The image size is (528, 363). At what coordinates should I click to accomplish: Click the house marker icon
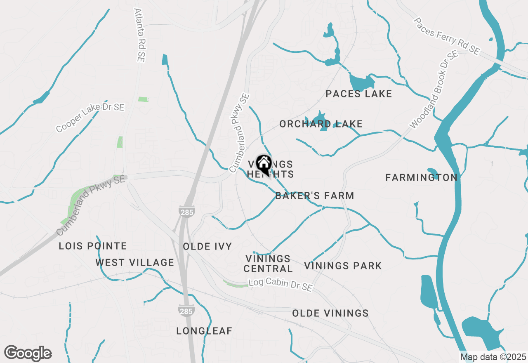pyautogui.click(x=264, y=164)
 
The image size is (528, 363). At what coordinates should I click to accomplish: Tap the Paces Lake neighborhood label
pyautogui.click(x=358, y=94)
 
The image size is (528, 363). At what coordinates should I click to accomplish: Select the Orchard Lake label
pyautogui.click(x=321, y=124)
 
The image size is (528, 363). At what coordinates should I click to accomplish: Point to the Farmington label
pyautogui.click(x=421, y=178)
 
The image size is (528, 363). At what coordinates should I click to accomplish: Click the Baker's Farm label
pyautogui.click(x=314, y=196)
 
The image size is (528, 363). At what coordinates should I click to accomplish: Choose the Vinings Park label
pyautogui.click(x=343, y=266)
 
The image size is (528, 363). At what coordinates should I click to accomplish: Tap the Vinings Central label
pyautogui.click(x=268, y=264)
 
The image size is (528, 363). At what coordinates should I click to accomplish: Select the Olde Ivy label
pyautogui.click(x=207, y=246)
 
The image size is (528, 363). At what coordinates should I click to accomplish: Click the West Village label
pyautogui.click(x=135, y=262)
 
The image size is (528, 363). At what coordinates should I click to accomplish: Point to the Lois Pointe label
pyautogui.click(x=93, y=246)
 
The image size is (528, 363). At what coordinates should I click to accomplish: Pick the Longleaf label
pyautogui.click(x=204, y=331)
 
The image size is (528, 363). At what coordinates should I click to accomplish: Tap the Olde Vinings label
pyautogui.click(x=330, y=313)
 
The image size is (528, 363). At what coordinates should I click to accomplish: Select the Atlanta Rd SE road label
pyautogui.click(x=139, y=35)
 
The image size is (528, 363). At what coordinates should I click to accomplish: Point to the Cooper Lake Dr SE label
pyautogui.click(x=90, y=118)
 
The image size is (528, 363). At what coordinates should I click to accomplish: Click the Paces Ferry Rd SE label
pyautogui.click(x=447, y=36)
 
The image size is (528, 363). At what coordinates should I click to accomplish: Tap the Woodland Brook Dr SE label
pyautogui.click(x=434, y=90)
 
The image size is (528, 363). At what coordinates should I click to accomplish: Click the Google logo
pyautogui.click(x=28, y=354)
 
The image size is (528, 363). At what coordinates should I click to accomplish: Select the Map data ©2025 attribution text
pyautogui.click(x=493, y=357)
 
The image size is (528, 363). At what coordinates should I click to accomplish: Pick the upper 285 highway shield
pyautogui.click(x=187, y=212)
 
